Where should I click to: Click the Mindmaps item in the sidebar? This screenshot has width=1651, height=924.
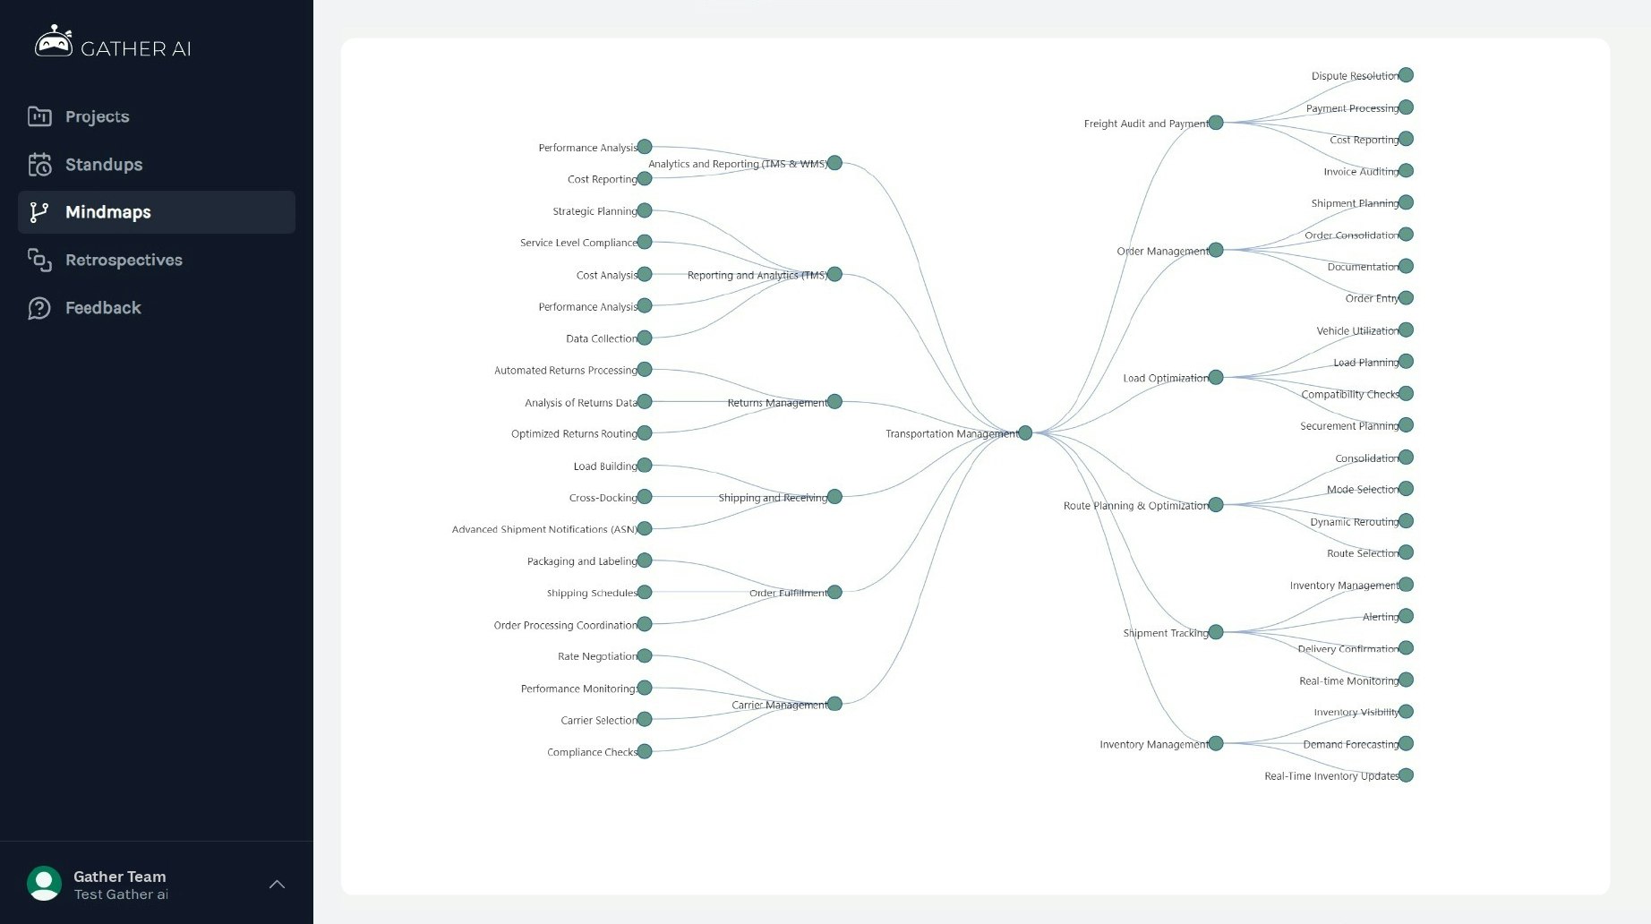click(x=157, y=212)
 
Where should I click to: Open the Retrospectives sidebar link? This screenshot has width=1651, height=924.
click(x=124, y=260)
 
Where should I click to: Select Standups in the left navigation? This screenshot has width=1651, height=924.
click(x=104, y=165)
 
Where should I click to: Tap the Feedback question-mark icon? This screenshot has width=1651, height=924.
click(x=39, y=308)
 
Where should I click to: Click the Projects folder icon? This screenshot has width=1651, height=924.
click(x=39, y=116)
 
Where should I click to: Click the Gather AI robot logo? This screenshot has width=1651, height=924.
click(x=54, y=42)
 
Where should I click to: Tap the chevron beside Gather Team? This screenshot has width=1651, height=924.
click(x=278, y=884)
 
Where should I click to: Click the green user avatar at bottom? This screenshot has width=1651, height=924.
click(x=44, y=884)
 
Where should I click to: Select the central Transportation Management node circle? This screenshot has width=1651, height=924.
click(x=1025, y=433)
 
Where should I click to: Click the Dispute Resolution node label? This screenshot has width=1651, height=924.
click(x=1355, y=76)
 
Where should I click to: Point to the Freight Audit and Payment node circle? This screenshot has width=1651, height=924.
click(x=1216, y=123)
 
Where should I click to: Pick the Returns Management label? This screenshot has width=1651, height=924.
click(x=777, y=403)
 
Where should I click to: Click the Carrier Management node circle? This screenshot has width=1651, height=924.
click(x=834, y=704)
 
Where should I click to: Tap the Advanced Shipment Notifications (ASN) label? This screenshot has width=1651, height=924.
click(x=544, y=529)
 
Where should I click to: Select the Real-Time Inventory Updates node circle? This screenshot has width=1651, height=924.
click(x=1406, y=775)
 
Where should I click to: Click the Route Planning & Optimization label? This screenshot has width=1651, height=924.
click(x=1136, y=506)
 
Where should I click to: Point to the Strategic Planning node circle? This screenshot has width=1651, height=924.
click(x=645, y=210)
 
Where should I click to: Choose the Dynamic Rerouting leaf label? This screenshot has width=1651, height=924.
click(x=1354, y=522)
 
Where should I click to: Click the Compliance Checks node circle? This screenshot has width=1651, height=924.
click(x=645, y=751)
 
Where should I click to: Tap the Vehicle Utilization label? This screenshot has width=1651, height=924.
click(x=1357, y=331)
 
